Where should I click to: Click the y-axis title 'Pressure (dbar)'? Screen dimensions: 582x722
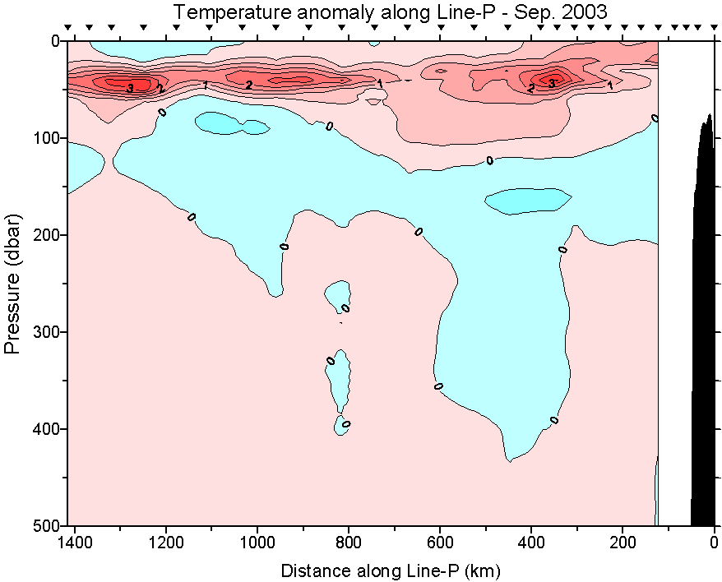click(12, 284)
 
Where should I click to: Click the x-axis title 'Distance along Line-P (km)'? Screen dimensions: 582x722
click(390, 570)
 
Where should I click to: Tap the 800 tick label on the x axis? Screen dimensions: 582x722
click(349, 542)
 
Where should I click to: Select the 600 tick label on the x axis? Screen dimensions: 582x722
click(440, 542)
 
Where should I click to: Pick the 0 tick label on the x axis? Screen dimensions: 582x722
click(714, 542)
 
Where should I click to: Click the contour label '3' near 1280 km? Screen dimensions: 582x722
click(130, 87)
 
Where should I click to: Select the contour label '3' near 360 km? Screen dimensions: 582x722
click(552, 83)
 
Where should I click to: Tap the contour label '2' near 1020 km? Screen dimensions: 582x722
click(249, 85)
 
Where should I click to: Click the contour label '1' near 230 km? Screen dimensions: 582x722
click(609, 85)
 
